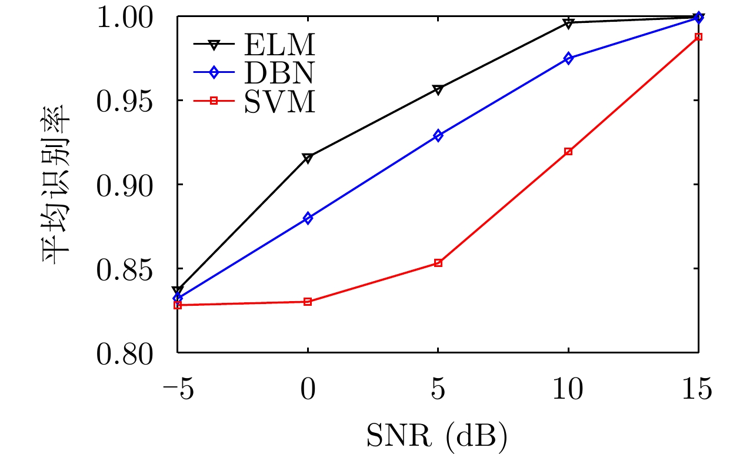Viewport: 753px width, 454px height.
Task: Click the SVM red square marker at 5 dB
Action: (438, 263)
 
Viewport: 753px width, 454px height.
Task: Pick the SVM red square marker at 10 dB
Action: (568, 151)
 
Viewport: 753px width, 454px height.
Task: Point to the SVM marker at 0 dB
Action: (308, 302)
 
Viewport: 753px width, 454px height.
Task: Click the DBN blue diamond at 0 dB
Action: (308, 218)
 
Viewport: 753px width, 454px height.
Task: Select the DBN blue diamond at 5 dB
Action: (438, 136)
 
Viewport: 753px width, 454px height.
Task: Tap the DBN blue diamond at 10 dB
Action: (568, 58)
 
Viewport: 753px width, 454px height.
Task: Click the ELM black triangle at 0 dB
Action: (308, 158)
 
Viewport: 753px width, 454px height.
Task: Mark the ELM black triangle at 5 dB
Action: (438, 89)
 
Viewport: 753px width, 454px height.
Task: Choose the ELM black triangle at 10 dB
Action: (568, 23)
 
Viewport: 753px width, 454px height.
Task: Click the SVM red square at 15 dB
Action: (698, 36)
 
